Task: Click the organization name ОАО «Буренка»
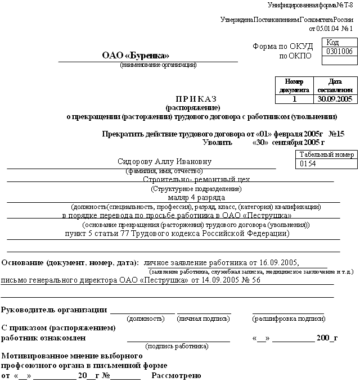(136, 55)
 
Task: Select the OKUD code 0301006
(339, 52)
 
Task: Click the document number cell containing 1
(294, 99)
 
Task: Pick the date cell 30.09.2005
(335, 99)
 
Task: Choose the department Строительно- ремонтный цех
(196, 179)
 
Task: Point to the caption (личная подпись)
(204, 319)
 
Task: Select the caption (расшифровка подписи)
(289, 319)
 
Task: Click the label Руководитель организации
(55, 310)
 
